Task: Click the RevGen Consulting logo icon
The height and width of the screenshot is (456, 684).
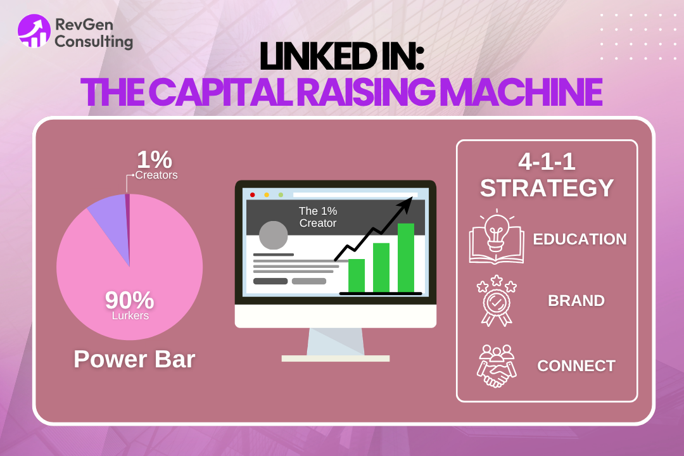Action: pos(34,31)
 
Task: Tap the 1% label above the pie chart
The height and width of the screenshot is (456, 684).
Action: pos(155,160)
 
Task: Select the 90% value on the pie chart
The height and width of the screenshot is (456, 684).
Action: pos(130,299)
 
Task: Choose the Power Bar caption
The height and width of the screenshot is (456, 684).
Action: pos(134,359)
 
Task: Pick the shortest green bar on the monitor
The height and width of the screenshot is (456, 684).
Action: pos(357,275)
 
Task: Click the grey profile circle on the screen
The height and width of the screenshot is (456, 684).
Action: pos(274,235)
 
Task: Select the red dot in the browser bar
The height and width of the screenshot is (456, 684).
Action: pos(253,194)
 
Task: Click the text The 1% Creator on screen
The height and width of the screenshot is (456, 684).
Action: pos(317,217)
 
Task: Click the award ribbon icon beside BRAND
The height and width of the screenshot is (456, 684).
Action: pos(497,300)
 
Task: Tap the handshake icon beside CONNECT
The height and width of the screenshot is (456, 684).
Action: pos(497,366)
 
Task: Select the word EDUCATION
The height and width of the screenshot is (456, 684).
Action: pos(579,239)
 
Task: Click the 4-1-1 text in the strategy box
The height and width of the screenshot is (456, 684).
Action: pos(547,162)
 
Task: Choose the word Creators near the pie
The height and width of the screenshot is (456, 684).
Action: pos(156,175)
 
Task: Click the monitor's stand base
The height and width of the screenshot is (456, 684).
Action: pos(335,358)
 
